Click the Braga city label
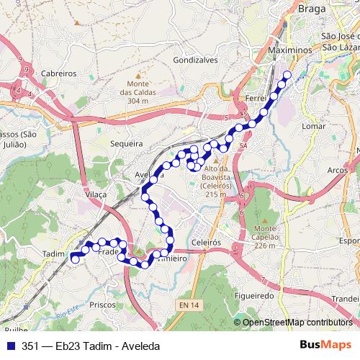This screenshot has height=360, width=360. (312, 9)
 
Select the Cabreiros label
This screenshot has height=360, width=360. (59, 73)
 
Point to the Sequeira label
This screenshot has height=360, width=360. (127, 144)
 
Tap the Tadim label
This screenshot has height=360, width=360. (53, 254)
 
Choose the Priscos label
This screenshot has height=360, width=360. (102, 305)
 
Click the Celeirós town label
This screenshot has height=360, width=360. (206, 243)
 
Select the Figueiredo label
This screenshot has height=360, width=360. (255, 296)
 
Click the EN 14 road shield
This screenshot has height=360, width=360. (186, 307)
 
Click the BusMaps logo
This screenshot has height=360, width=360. (326, 346)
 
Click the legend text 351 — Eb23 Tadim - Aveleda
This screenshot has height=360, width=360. (91, 346)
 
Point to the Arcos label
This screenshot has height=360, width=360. (338, 171)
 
